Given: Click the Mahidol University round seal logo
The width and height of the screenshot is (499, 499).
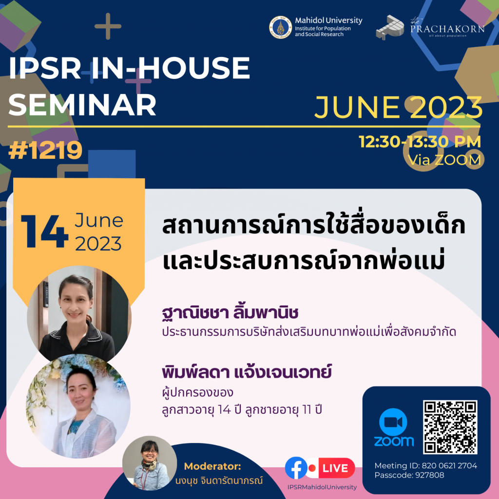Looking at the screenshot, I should [281, 27].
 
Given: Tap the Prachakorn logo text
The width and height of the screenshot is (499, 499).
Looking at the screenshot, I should [447, 29].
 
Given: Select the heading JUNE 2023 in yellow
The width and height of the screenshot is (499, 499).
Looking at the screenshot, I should [398, 108].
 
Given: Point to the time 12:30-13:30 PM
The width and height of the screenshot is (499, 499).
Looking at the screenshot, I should [420, 142].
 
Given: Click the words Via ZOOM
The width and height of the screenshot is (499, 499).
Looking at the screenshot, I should [444, 159].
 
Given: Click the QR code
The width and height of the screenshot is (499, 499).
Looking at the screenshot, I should [450, 427].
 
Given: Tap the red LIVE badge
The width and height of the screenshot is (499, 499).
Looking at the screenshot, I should [335, 468].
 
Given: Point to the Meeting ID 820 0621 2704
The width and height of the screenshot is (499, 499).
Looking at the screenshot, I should [425, 466].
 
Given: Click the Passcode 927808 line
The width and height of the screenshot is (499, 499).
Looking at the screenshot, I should [409, 475].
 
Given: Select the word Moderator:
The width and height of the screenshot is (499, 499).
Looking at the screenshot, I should [212, 465].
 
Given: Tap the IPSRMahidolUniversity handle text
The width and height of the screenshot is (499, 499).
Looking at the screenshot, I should [322, 487].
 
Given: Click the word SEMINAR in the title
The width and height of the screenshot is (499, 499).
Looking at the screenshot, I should [82, 104].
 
